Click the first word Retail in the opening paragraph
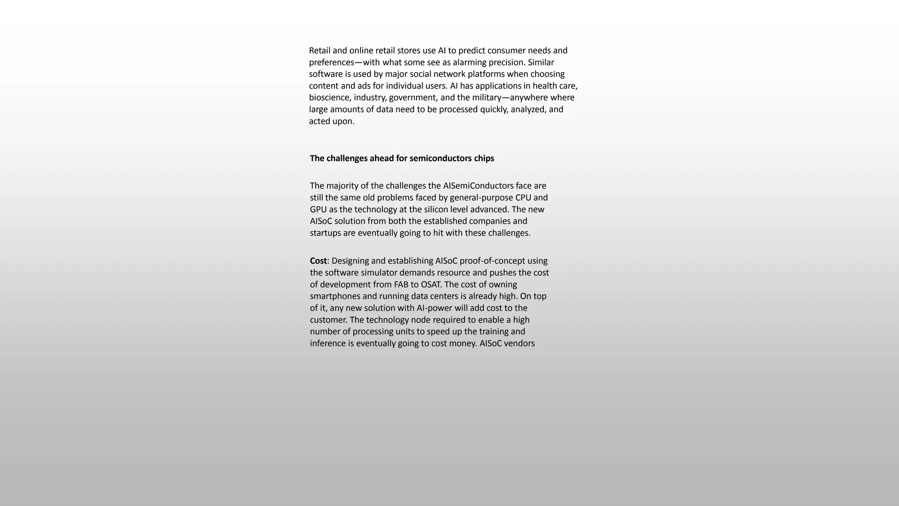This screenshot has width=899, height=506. (x=320, y=51)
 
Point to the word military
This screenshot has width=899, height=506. (x=486, y=98)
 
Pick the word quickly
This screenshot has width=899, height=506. (x=493, y=109)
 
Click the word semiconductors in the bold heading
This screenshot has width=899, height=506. (x=440, y=158)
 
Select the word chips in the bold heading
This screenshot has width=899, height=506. (x=484, y=158)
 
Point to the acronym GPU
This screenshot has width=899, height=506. (x=318, y=210)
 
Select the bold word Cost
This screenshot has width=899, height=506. (x=318, y=261)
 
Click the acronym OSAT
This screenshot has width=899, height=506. (x=431, y=285)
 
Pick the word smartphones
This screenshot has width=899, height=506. (x=334, y=296)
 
